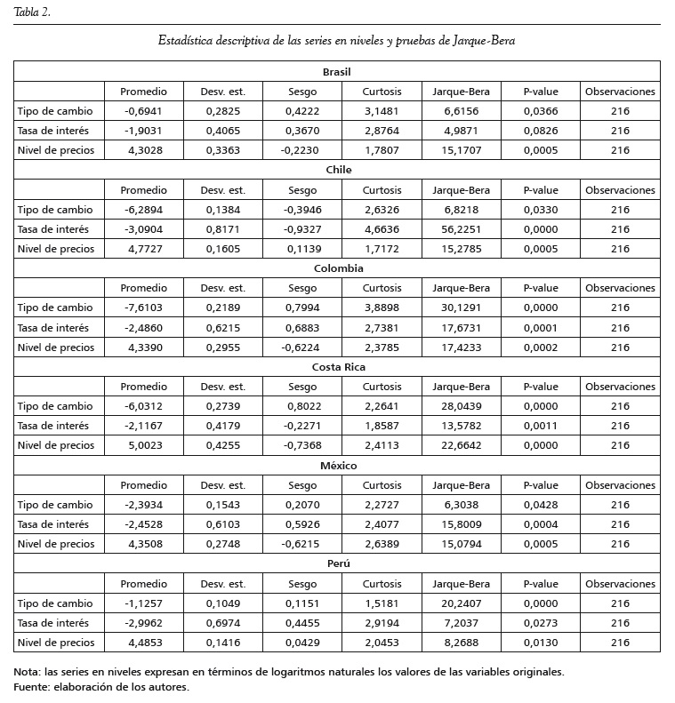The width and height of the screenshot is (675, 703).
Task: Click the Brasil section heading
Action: click(x=337, y=71)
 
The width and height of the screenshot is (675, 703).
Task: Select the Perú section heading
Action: click(x=337, y=564)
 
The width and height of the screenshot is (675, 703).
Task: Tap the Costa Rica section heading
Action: click(x=337, y=367)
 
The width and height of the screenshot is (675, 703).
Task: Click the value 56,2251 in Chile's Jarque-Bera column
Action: click(x=461, y=229)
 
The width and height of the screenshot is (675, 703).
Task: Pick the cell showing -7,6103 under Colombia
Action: click(x=143, y=308)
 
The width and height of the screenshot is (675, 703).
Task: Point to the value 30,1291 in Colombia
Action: click(x=461, y=308)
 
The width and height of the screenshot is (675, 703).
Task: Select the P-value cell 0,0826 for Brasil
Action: click(x=541, y=131)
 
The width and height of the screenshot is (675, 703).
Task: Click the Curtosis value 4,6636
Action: click(x=382, y=229)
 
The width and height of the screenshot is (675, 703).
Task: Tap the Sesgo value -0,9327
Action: click(x=302, y=229)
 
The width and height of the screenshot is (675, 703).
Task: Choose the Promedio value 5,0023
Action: click(x=143, y=445)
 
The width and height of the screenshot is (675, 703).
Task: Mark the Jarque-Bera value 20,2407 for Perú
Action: click(x=461, y=603)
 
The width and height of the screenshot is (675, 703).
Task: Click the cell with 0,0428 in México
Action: click(x=541, y=505)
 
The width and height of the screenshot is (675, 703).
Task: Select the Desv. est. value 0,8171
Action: click(x=222, y=229)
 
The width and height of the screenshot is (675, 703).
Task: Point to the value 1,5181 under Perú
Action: click(x=382, y=603)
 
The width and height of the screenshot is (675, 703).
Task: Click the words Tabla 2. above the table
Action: click(x=32, y=11)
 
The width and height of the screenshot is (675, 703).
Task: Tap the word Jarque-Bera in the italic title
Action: click(x=484, y=41)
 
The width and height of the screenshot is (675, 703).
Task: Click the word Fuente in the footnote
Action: click(x=33, y=686)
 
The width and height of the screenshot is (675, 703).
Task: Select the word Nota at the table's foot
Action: click(x=28, y=672)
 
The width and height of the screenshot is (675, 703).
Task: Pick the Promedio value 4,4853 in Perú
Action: click(x=143, y=643)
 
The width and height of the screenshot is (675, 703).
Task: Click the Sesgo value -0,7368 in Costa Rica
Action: click(x=302, y=445)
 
